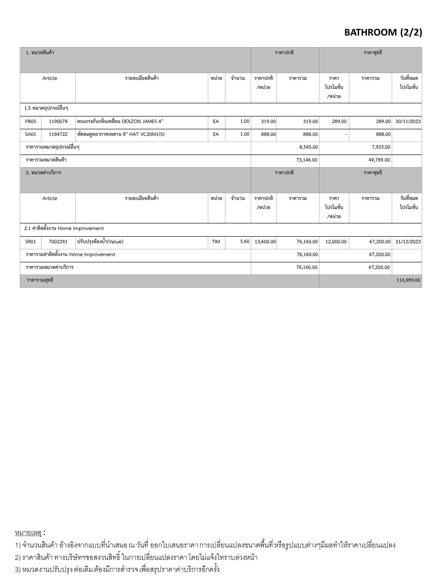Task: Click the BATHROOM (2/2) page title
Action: pos(383,32)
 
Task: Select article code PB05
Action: pos(31,122)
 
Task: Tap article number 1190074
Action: pos(58,122)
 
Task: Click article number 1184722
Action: pos(58,134)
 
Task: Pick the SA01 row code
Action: pos(31,134)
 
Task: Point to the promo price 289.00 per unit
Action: pos(339,122)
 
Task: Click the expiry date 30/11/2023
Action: pos(408,122)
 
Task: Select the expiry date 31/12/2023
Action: pos(408,242)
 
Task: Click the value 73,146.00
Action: pos(307,160)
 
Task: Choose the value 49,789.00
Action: pos(379,160)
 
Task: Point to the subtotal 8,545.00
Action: pos(309,147)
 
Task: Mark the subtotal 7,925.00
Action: pos(381,147)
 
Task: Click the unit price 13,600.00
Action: pos(265,242)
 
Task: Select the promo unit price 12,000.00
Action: pos(336,242)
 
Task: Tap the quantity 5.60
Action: pos(245,242)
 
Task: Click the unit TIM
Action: pos(216,242)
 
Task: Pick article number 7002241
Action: pos(58,242)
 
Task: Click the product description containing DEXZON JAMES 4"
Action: pos(120,122)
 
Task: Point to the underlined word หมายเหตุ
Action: pos(28,533)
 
